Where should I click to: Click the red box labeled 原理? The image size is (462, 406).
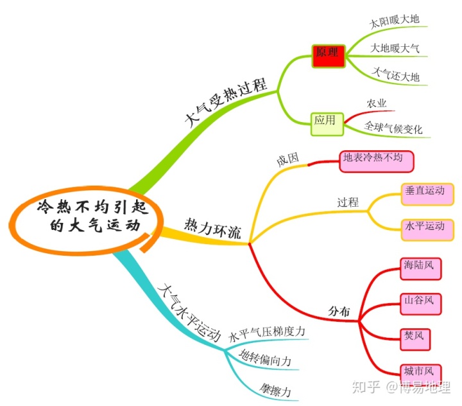click(330, 55)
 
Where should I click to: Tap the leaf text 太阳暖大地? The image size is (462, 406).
click(395, 21)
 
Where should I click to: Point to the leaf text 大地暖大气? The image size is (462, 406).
click(396, 48)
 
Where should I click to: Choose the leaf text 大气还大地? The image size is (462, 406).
click(396, 77)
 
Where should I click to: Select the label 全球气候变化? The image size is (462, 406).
click(393, 128)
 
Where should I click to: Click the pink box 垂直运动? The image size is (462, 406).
click(425, 191)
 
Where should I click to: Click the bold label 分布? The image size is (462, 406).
click(339, 312)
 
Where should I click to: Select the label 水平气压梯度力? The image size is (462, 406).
click(266, 332)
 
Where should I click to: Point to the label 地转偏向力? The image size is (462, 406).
click(264, 360)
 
